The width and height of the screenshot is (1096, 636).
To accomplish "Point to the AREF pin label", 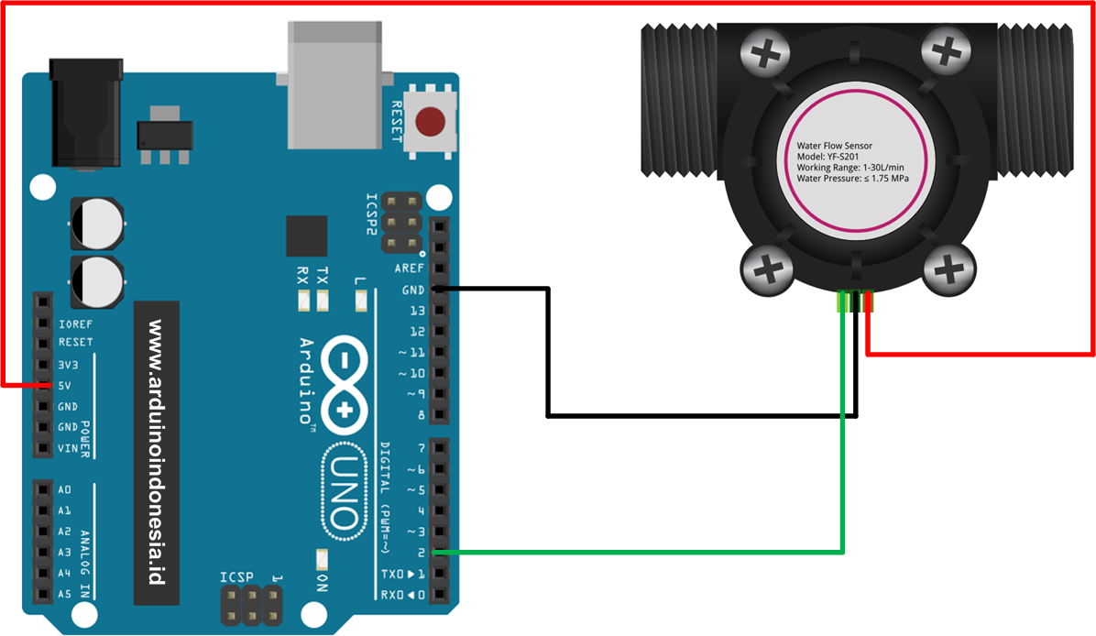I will coord(409,269).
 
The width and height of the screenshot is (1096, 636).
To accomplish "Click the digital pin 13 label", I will coord(417,311).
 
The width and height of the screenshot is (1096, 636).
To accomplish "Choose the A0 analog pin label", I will coord(65,489).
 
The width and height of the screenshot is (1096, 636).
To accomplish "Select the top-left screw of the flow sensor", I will coord(768,54).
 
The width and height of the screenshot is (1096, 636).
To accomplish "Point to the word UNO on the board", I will coord(343,491).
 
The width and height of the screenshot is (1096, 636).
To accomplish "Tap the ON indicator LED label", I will coord(321,584).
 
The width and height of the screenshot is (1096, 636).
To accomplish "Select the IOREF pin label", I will coord(75,323).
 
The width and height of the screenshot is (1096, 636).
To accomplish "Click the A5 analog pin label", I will coord(65,594).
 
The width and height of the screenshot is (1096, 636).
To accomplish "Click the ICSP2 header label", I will coord(372,215).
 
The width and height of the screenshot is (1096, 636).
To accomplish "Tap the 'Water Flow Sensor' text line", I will coord(834,145).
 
